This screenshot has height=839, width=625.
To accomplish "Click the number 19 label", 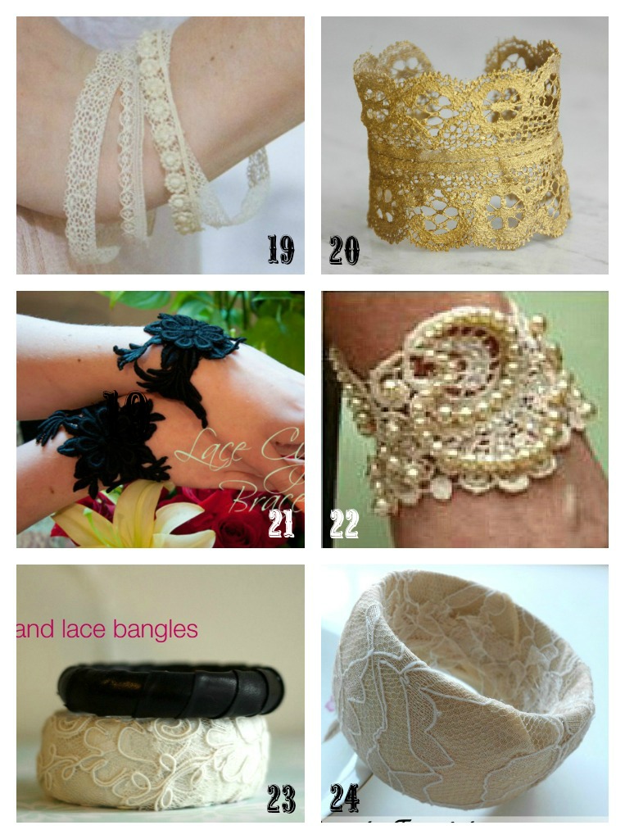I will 281,249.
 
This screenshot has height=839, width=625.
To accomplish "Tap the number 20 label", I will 344,249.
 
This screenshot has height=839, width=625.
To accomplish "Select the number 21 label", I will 281,523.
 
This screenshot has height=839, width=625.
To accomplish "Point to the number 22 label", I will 344,523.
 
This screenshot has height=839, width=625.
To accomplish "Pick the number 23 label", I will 281,798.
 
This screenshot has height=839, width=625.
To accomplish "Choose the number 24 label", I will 344,796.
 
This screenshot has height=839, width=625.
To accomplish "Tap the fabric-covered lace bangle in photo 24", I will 459,688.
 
